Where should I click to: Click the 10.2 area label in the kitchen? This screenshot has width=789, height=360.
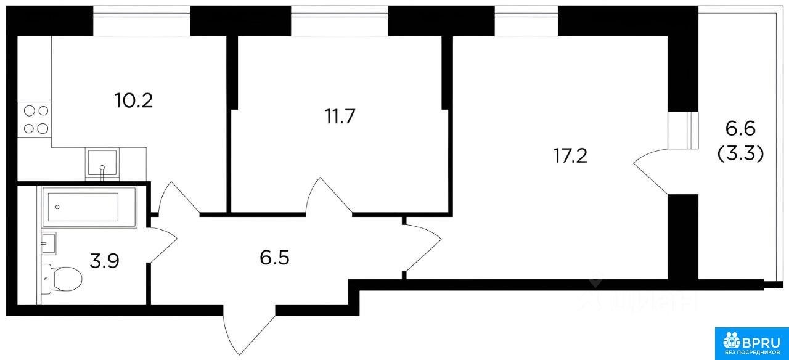[x=134, y=99]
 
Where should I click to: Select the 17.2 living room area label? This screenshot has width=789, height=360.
[x=570, y=155]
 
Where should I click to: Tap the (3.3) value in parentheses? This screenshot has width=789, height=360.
[x=742, y=153]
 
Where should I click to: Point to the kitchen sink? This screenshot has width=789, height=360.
[x=102, y=164]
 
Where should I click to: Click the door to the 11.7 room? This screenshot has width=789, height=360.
[x=330, y=196]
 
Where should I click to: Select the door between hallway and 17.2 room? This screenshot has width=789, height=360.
[x=422, y=247]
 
